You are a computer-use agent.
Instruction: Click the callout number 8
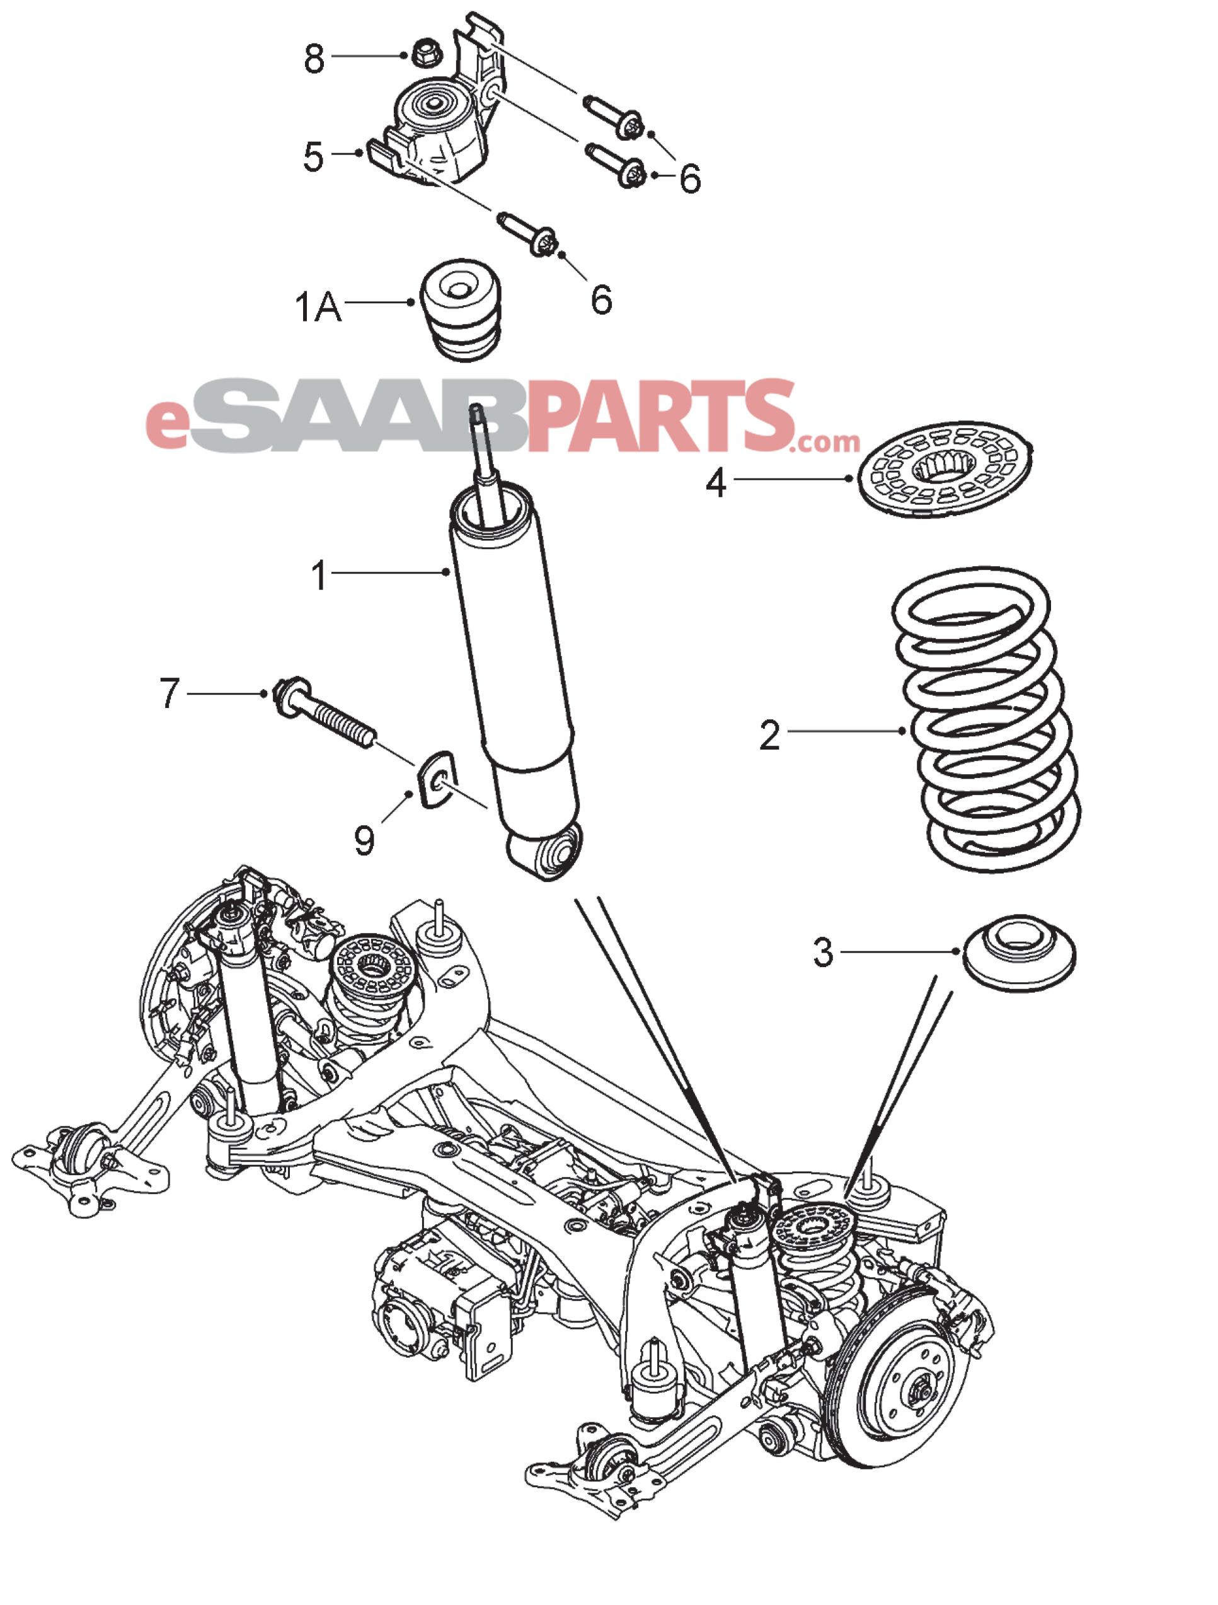click(x=313, y=58)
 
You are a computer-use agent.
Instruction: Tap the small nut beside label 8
click(x=423, y=54)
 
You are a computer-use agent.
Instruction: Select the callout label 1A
click(x=318, y=307)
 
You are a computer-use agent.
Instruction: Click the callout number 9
click(x=364, y=841)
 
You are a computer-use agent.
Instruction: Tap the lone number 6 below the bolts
click(x=600, y=299)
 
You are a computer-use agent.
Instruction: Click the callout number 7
click(x=169, y=693)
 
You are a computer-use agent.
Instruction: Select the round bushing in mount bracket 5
click(x=433, y=105)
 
